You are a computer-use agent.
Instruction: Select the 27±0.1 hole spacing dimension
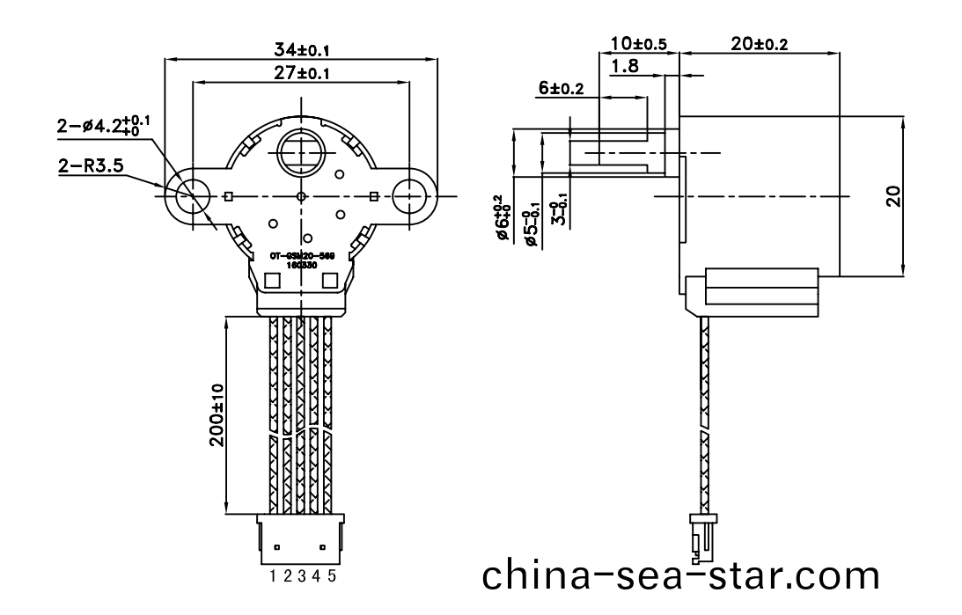pyautogui.click(x=302, y=74)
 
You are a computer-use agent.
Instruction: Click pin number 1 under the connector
pyautogui.click(x=274, y=576)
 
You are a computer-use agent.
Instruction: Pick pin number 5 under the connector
pyautogui.click(x=331, y=576)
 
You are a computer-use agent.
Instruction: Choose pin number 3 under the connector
pyautogui.click(x=302, y=576)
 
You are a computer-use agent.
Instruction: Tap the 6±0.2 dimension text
pyautogui.click(x=562, y=88)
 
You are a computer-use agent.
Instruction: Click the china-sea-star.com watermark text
pyautogui.click(x=680, y=575)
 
